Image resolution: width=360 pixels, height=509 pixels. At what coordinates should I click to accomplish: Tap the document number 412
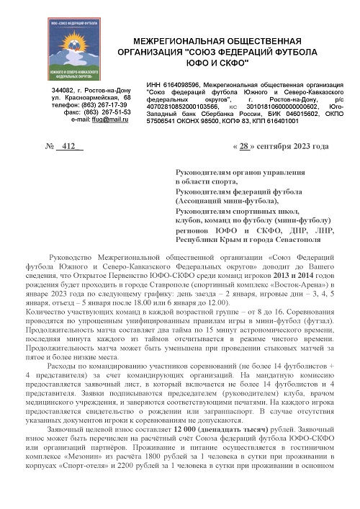69,147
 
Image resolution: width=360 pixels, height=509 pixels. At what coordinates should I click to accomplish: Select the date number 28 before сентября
246,147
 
